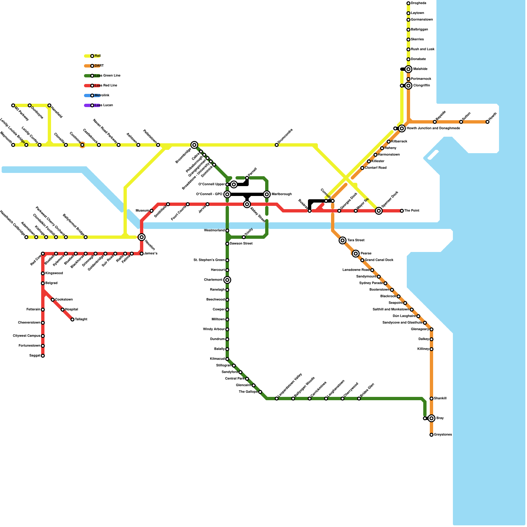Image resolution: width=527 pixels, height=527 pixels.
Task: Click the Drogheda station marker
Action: pos(408,3)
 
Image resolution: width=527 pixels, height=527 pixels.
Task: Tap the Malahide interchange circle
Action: pos(408,69)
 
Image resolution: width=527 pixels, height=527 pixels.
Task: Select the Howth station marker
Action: pos(487,122)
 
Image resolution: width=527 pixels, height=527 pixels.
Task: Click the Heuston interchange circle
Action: pos(142,237)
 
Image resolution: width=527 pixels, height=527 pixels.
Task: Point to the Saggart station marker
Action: pos(43,356)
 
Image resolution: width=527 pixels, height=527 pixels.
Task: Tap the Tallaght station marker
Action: pos(72,319)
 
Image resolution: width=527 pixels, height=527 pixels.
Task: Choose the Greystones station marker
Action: pos(431,435)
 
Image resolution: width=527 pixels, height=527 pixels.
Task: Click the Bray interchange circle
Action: pos(431,418)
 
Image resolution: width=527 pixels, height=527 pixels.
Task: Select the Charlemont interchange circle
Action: pos(227,280)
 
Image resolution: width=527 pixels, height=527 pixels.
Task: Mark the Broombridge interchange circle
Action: pos(194,145)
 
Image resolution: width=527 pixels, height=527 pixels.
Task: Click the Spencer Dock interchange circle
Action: pos(379,211)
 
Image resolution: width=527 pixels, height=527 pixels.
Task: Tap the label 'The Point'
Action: pos(412,211)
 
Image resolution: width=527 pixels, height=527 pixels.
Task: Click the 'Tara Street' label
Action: pos(356,240)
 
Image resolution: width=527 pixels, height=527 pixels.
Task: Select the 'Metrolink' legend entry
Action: pos(102,96)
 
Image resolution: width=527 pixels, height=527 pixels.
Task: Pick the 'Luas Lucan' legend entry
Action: pos(103,105)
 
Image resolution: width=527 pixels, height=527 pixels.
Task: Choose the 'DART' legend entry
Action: pos(99,66)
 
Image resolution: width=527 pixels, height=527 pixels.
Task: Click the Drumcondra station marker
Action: pos(277,145)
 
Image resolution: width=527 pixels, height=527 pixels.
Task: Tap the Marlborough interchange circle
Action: pos(267,194)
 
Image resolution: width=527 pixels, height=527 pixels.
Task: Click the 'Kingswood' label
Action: pos(54,273)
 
